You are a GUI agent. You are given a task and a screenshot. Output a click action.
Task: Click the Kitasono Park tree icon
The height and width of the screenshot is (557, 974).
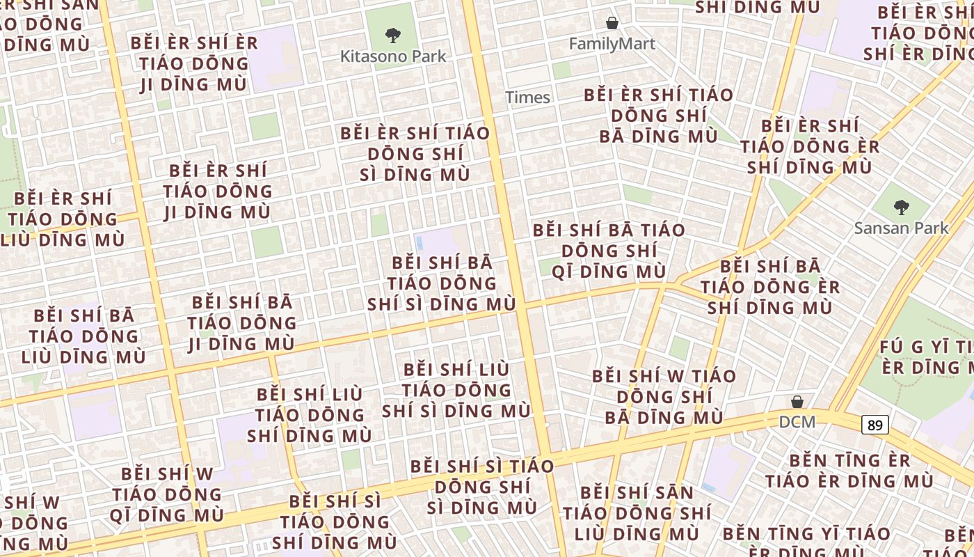(393, 34)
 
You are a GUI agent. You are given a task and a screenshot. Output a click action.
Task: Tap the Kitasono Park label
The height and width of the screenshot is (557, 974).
(393, 56)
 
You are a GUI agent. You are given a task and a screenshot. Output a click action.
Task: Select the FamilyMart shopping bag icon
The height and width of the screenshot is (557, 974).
(612, 23)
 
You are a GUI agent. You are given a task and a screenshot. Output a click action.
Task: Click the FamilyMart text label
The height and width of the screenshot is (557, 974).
(612, 44)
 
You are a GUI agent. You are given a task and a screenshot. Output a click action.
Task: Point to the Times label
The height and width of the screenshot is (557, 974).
(527, 97)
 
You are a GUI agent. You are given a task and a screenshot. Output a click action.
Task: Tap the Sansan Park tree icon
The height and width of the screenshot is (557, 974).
(901, 207)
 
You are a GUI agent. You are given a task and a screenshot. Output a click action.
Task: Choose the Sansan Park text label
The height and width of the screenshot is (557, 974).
(901, 228)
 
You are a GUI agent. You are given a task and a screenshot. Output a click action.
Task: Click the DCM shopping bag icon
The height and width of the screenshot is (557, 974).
(797, 402)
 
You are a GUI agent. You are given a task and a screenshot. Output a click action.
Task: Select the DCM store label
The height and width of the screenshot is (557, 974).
(797, 421)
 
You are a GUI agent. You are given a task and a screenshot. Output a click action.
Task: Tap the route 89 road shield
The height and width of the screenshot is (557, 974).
(875, 425)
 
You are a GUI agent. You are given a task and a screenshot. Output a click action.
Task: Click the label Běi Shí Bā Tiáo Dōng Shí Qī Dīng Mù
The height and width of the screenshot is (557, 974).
(609, 251)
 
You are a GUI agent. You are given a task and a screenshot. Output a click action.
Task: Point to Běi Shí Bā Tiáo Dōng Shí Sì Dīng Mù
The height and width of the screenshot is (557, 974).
(442, 283)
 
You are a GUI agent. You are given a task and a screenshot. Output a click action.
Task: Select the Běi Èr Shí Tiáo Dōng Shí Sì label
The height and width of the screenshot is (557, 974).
(415, 154)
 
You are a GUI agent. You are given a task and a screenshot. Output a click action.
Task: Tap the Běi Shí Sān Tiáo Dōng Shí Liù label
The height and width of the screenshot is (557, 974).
(637, 513)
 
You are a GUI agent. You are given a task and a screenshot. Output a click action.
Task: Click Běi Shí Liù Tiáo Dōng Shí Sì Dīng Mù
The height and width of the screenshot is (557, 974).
(456, 390)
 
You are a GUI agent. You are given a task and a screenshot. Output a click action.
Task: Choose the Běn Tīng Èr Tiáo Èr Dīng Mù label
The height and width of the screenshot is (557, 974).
(849, 471)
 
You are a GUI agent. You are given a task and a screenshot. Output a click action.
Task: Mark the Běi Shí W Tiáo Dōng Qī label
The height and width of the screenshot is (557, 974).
(166, 494)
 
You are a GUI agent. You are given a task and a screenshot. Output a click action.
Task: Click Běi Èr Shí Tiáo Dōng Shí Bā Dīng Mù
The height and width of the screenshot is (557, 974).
(658, 116)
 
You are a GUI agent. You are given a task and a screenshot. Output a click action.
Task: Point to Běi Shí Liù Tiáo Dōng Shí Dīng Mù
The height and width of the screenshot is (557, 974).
(310, 415)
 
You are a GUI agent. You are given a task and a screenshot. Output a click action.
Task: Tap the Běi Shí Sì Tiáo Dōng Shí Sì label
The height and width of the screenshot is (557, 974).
(481, 487)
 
